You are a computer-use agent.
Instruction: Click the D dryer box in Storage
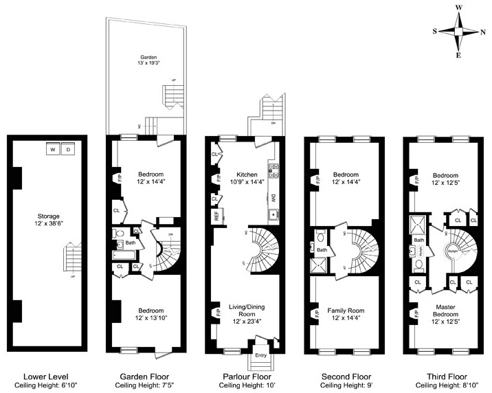click(67, 148)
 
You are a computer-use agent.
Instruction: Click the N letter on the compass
click(484, 32)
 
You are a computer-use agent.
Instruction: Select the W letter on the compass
click(460, 8)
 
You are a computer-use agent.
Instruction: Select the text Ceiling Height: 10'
click(246, 387)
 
